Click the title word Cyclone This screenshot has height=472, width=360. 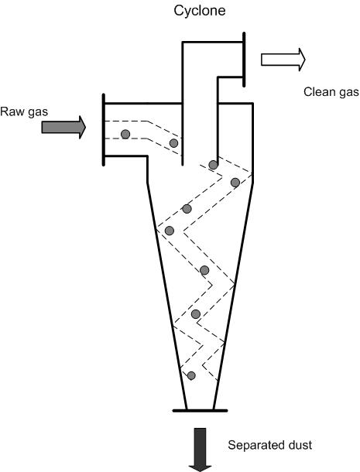coord(200,11)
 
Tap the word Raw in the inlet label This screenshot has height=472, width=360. coord(12,111)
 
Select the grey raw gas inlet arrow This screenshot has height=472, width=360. coord(63,127)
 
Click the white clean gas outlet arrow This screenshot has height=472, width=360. coord(283,60)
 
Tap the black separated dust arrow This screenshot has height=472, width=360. coord(201,450)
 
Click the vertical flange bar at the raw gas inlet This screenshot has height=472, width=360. coord(104,130)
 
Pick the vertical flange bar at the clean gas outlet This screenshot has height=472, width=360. coord(244,60)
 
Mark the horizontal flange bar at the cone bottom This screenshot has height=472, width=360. coord(200,410)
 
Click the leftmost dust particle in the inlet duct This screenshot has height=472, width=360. coord(125,134)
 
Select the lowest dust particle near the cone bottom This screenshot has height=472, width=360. coord(191,375)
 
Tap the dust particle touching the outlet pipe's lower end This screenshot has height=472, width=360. coord(213,165)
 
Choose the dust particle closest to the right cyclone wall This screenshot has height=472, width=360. coord(235,183)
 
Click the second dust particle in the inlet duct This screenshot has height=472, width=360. coord(173,143)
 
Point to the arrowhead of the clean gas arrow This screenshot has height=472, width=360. coord(302,60)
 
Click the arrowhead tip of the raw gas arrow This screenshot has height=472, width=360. coord(86,128)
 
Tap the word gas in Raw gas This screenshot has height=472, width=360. coord(37,112)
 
